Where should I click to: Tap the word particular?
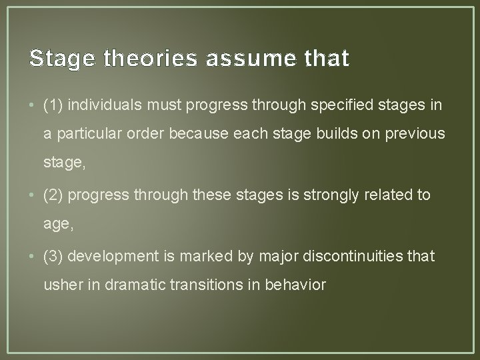point(83,133)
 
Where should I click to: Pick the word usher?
point(59,285)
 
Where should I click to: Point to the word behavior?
point(293,285)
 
